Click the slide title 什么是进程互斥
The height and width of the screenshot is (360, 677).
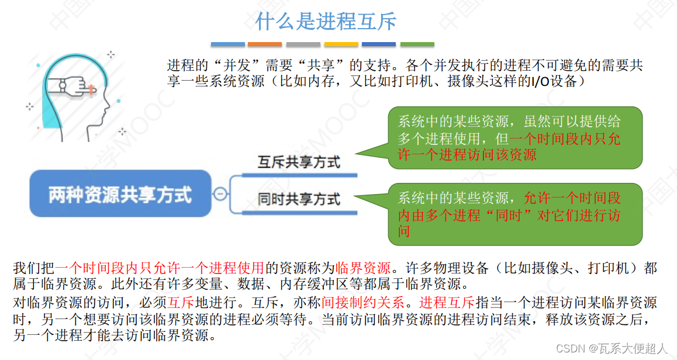(326, 22)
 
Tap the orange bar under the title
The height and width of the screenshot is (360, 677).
(264, 44)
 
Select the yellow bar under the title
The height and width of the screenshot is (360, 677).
(341, 44)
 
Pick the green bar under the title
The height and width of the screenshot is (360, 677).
(417, 44)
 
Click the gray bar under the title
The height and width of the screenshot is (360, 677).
(303, 44)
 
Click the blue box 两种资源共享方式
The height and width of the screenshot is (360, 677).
(120, 194)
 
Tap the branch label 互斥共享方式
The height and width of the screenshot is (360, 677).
(298, 162)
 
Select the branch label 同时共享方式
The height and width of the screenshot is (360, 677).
(298, 199)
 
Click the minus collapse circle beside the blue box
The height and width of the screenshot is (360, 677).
(220, 194)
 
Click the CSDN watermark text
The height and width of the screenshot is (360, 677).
(611, 348)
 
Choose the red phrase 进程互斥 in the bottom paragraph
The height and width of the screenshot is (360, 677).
(447, 303)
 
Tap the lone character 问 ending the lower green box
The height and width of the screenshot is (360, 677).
(404, 231)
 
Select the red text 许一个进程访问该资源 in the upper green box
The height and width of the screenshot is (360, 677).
(467, 155)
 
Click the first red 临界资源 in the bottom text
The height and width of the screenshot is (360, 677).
(362, 269)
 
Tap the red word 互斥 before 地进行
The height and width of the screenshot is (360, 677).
(181, 303)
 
